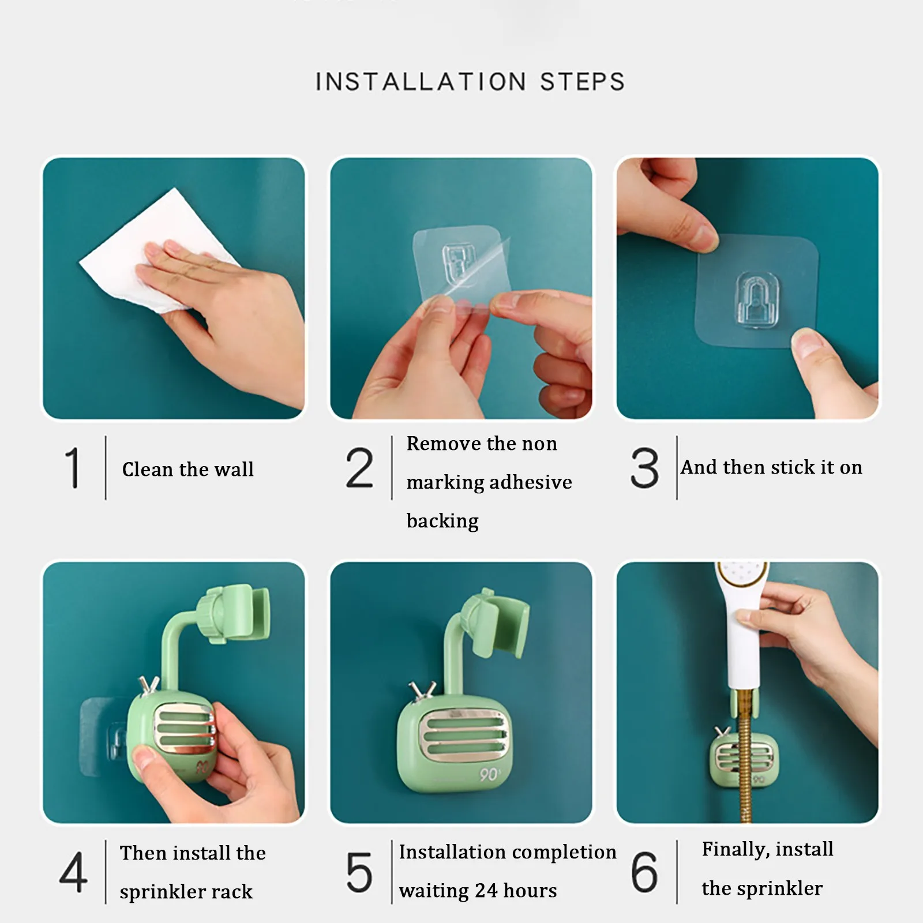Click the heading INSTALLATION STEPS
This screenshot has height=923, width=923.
470,82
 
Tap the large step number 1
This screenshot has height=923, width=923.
73,468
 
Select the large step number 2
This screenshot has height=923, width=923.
359,468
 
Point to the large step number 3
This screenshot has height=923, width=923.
644,468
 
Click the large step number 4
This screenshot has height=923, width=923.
73,872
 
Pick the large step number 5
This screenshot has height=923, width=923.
359,872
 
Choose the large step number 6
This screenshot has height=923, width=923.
644,872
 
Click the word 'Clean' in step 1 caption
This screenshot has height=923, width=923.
148,469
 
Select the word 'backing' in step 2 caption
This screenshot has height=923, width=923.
442,521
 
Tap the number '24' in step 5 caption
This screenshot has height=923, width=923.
486,891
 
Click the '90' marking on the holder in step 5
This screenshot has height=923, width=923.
490,774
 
